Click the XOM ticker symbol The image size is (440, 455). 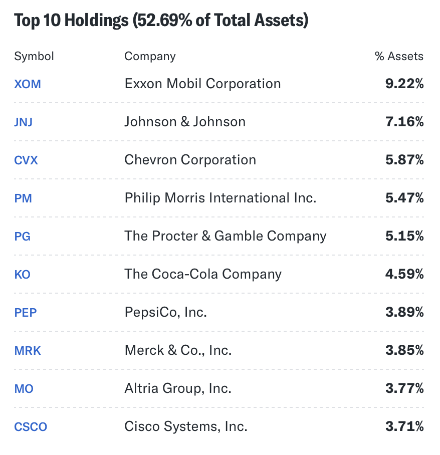point(28,84)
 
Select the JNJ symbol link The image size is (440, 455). point(24,122)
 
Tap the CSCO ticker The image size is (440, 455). point(31,427)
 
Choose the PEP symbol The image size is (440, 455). point(26,313)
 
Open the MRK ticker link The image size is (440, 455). point(28,351)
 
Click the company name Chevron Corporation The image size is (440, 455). point(190,160)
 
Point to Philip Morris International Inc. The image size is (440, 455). point(220,198)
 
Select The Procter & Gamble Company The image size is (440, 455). point(225,237)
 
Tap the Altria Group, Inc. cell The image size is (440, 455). point(178,389)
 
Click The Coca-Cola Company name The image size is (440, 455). point(203,275)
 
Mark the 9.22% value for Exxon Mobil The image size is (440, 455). point(404,84)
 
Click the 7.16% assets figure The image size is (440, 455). point(404,122)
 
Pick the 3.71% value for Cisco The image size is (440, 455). point(404,427)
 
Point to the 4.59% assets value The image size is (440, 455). point(404,275)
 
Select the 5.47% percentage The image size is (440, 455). point(404,198)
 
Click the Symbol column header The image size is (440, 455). point(34,56)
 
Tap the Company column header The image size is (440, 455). point(150,56)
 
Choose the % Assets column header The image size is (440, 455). point(399,56)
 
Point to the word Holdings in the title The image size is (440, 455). point(95,21)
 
